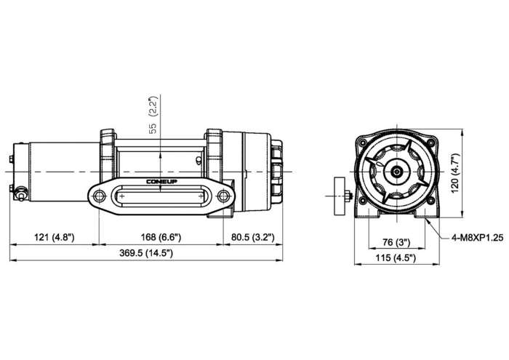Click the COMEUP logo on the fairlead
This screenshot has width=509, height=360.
161,182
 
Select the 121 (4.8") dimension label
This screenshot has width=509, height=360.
55,237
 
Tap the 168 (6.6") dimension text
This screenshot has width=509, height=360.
161,237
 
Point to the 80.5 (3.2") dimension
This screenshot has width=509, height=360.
252,237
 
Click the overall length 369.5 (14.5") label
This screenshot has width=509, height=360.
146,253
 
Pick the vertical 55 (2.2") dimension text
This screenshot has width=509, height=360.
153,115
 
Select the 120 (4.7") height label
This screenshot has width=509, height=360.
456,173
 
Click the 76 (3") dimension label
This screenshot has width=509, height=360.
396,242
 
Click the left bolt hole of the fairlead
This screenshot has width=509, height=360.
99,196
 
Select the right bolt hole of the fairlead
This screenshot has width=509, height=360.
223,196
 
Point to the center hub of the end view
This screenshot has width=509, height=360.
396,172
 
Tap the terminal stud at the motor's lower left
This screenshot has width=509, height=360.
20,193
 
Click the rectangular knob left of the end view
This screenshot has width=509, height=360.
340,196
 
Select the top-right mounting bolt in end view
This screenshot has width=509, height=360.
430,143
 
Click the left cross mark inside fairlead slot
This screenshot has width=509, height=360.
121,196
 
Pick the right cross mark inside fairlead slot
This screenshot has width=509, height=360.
201,196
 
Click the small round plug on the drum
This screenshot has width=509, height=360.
199,159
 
